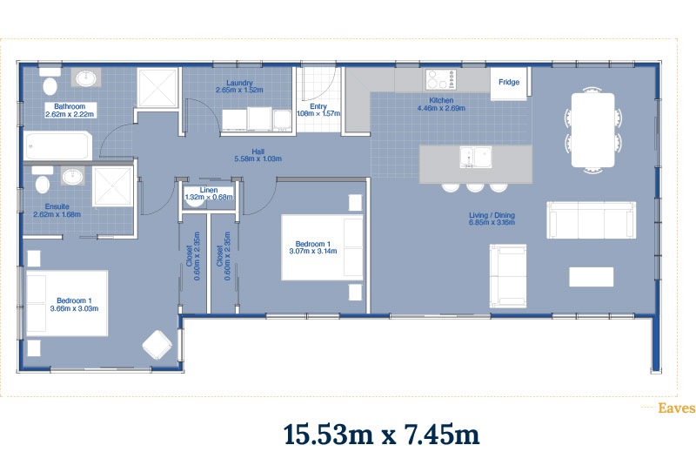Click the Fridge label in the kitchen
click(x=509, y=82)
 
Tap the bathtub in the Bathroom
click(x=58, y=145)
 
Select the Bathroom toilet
click(x=50, y=81)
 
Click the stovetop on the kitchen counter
click(x=440, y=79)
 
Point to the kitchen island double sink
click(x=475, y=158)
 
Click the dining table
click(x=592, y=130)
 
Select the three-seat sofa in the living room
click(x=592, y=220)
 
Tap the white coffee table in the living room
click(x=592, y=277)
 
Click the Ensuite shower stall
click(x=113, y=186)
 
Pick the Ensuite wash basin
click(x=72, y=177)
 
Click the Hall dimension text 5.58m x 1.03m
click(x=258, y=158)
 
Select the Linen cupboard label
click(x=209, y=190)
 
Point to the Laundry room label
click(x=239, y=83)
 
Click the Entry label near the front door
click(x=318, y=106)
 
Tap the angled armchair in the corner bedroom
click(x=157, y=345)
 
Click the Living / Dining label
click(x=492, y=215)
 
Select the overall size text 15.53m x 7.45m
click(x=381, y=435)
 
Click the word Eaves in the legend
click(x=677, y=408)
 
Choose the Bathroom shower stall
click(x=157, y=88)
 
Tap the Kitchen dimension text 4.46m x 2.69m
click(x=441, y=108)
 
